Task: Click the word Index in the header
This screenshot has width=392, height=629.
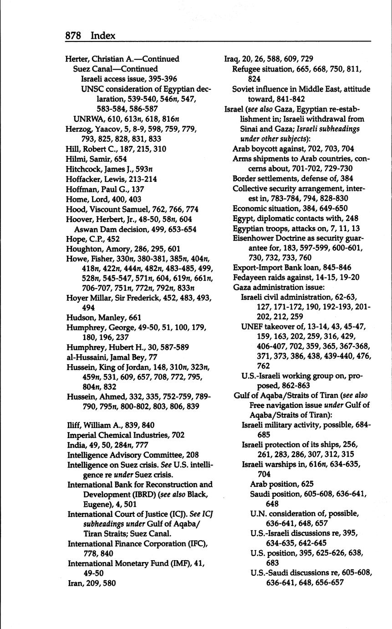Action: pos(103,36)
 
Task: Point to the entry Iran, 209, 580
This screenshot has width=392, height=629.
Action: pos(92,583)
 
